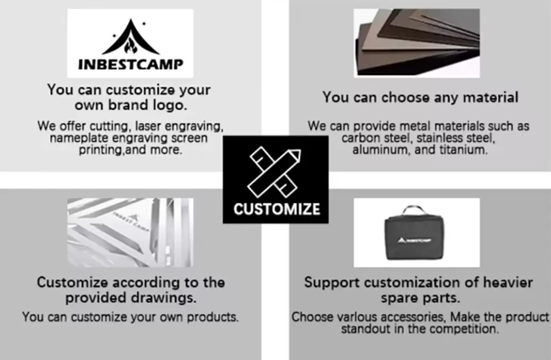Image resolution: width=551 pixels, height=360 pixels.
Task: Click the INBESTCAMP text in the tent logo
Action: pos(131,64)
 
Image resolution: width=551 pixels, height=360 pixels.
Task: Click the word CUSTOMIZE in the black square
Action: pos(277,209)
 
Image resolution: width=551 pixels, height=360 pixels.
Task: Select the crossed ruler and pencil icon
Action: pos(274,171)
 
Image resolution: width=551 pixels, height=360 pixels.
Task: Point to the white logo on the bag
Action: pos(414,240)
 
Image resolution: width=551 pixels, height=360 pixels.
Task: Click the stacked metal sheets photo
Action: pos(417,43)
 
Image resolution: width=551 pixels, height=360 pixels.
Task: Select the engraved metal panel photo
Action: pos(130,233)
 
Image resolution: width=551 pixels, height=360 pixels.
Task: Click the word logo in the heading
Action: pos(170,105)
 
